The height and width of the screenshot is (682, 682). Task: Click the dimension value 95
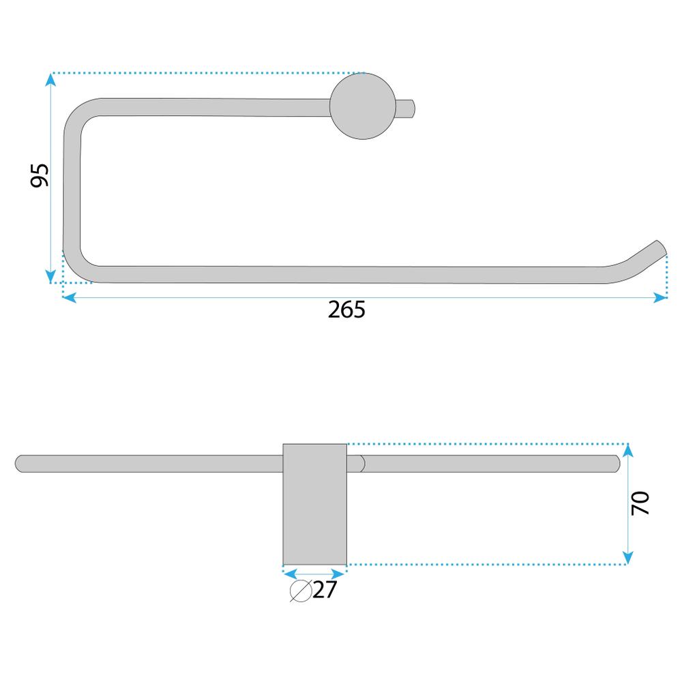coord(39,175)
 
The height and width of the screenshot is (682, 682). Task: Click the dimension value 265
coord(346,310)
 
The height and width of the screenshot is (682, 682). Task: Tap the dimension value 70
coord(640,503)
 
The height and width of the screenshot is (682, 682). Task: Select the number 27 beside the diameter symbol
coord(325,590)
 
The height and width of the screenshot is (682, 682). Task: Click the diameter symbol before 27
coord(301,591)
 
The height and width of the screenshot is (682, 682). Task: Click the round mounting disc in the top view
coord(363,106)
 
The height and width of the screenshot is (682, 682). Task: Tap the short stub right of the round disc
coord(405,108)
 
